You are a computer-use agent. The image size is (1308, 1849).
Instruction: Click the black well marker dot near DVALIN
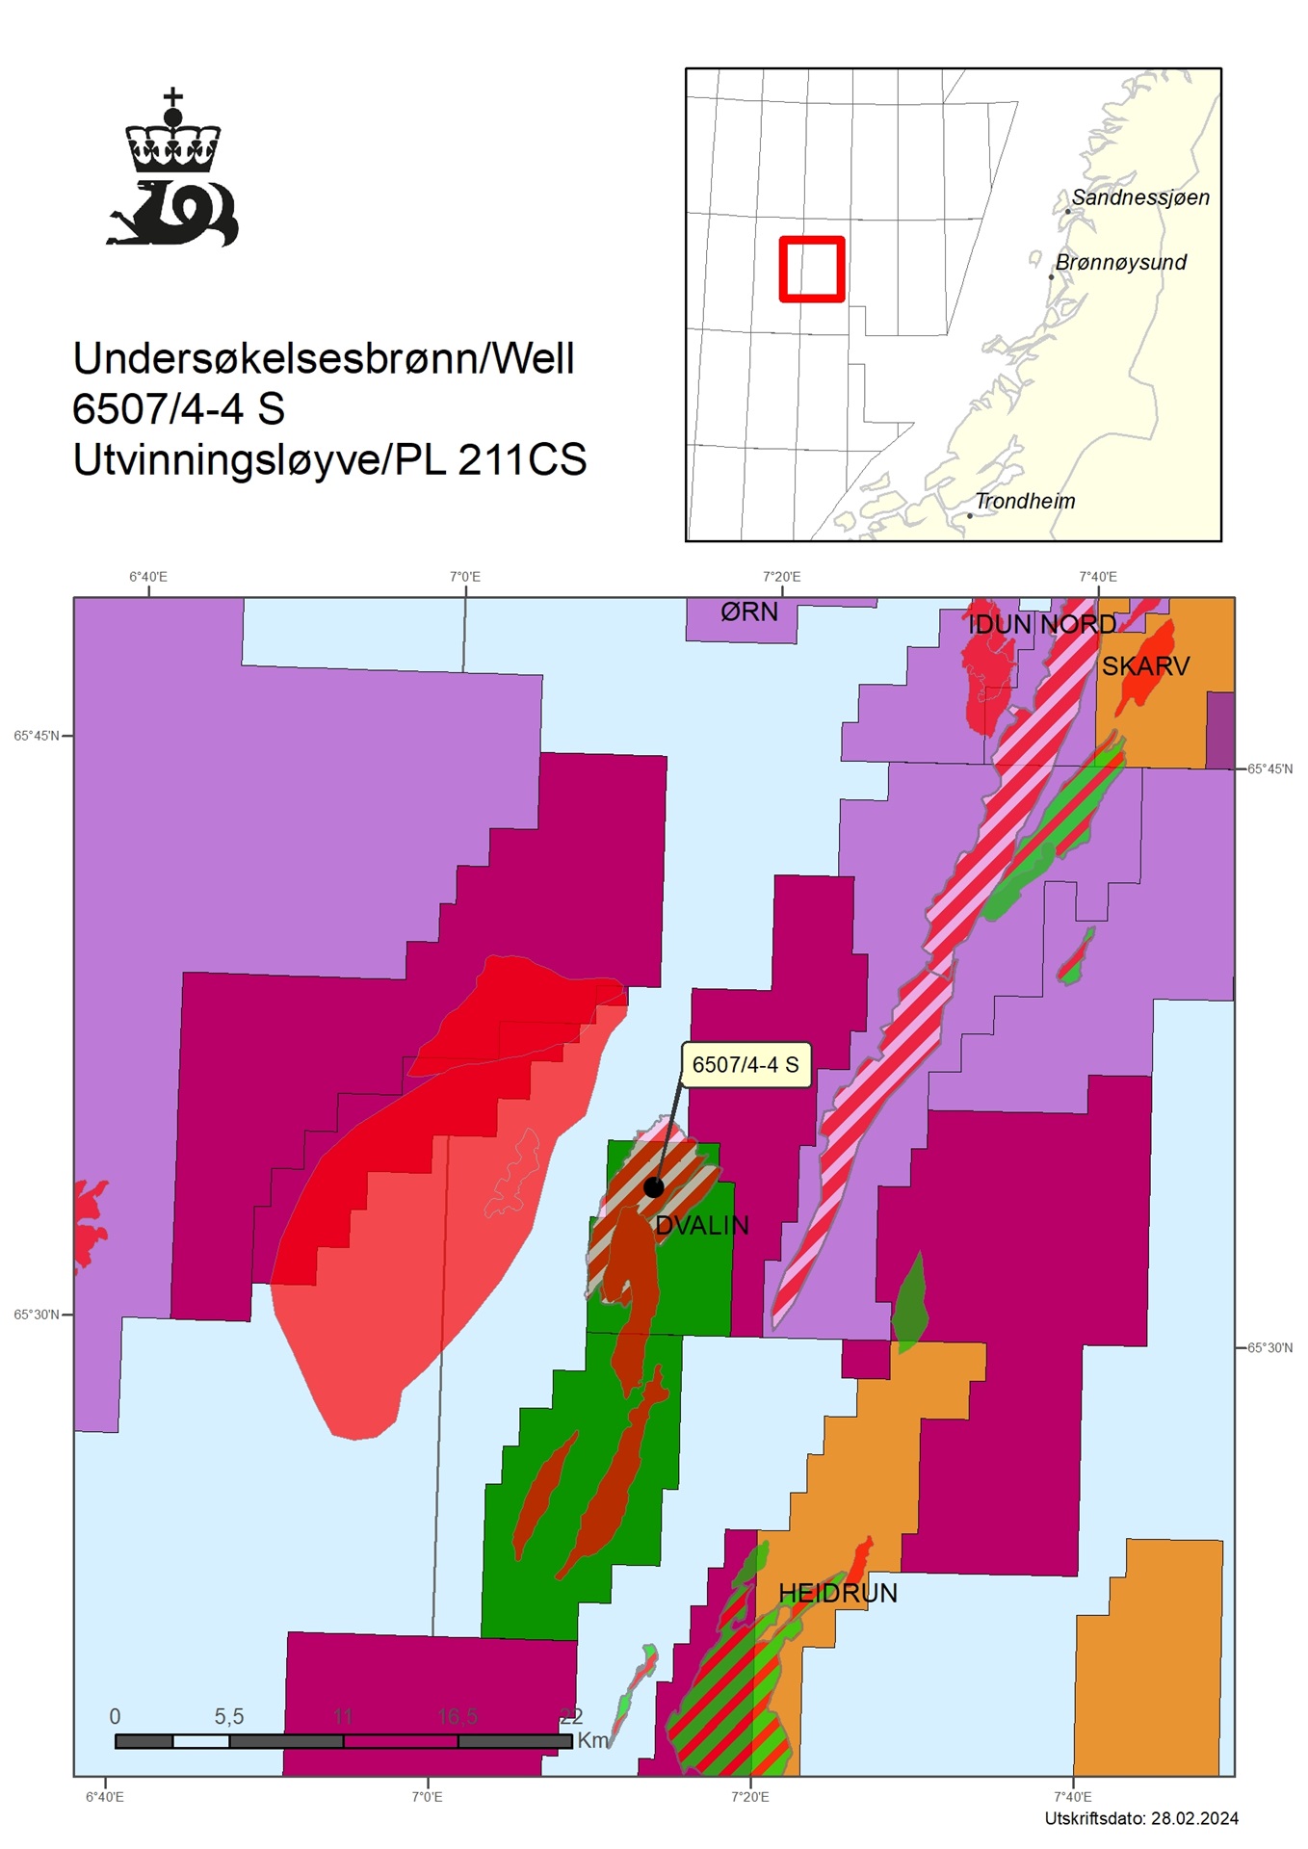[x=653, y=1186]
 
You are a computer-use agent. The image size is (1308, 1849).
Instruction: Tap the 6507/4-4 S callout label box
[x=746, y=1064]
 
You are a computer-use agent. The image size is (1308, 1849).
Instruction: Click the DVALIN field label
[x=702, y=1225]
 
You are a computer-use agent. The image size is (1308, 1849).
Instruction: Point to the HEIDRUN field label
[x=837, y=1593]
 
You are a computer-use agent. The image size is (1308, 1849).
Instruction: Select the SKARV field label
[x=1145, y=665]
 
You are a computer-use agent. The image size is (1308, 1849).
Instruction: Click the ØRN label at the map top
[x=749, y=612]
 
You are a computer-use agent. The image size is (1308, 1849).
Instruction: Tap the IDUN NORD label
[x=1041, y=624]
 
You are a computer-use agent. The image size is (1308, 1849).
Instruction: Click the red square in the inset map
[x=812, y=269]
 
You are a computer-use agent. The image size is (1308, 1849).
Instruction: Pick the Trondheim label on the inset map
[x=1025, y=501]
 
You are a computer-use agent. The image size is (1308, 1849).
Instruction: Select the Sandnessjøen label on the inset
[x=1140, y=197]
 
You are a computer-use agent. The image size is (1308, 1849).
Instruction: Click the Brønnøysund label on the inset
[x=1121, y=262]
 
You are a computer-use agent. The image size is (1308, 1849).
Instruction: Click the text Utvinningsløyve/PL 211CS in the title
[x=329, y=460]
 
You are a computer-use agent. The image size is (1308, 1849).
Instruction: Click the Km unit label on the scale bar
[x=593, y=1740]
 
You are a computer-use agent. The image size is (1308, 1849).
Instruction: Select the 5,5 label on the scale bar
[x=229, y=1716]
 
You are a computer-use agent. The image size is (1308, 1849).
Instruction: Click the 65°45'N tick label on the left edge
[x=37, y=736]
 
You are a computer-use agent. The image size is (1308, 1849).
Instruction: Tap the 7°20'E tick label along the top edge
[x=781, y=577]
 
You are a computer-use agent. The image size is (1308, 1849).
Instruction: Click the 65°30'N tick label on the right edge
[x=1270, y=1347]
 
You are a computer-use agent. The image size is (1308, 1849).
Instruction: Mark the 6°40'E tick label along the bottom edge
[x=105, y=1796]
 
